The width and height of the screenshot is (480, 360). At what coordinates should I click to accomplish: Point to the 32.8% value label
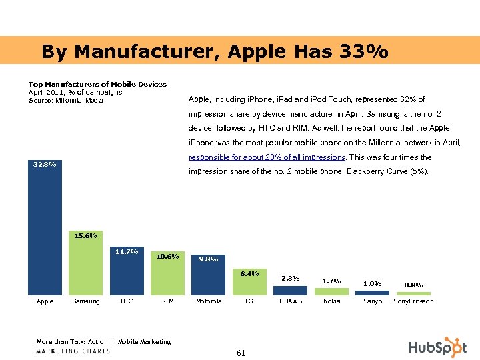tap(45, 164)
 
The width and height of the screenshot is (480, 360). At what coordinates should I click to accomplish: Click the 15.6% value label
tap(85, 235)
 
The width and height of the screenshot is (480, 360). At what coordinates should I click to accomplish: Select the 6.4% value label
tap(249, 273)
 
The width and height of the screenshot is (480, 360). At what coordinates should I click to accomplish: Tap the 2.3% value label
tap(291, 279)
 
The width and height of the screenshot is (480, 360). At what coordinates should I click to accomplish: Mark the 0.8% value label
tap(413, 285)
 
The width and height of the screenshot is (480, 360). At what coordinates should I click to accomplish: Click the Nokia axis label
tap(331, 301)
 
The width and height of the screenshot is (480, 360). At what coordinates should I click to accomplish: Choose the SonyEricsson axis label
tap(413, 301)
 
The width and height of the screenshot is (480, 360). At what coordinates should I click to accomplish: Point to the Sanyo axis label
tap(373, 301)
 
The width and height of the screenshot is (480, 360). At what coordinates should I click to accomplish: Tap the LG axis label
tap(249, 301)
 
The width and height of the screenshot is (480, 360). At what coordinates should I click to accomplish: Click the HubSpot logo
tap(437, 347)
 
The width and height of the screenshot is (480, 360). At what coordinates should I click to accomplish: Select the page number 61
tap(241, 353)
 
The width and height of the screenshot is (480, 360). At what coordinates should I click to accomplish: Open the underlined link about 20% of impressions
tap(267, 157)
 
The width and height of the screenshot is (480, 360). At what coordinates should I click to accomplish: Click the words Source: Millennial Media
tap(66, 101)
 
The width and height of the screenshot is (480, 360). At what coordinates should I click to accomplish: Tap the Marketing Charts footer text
tap(73, 351)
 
